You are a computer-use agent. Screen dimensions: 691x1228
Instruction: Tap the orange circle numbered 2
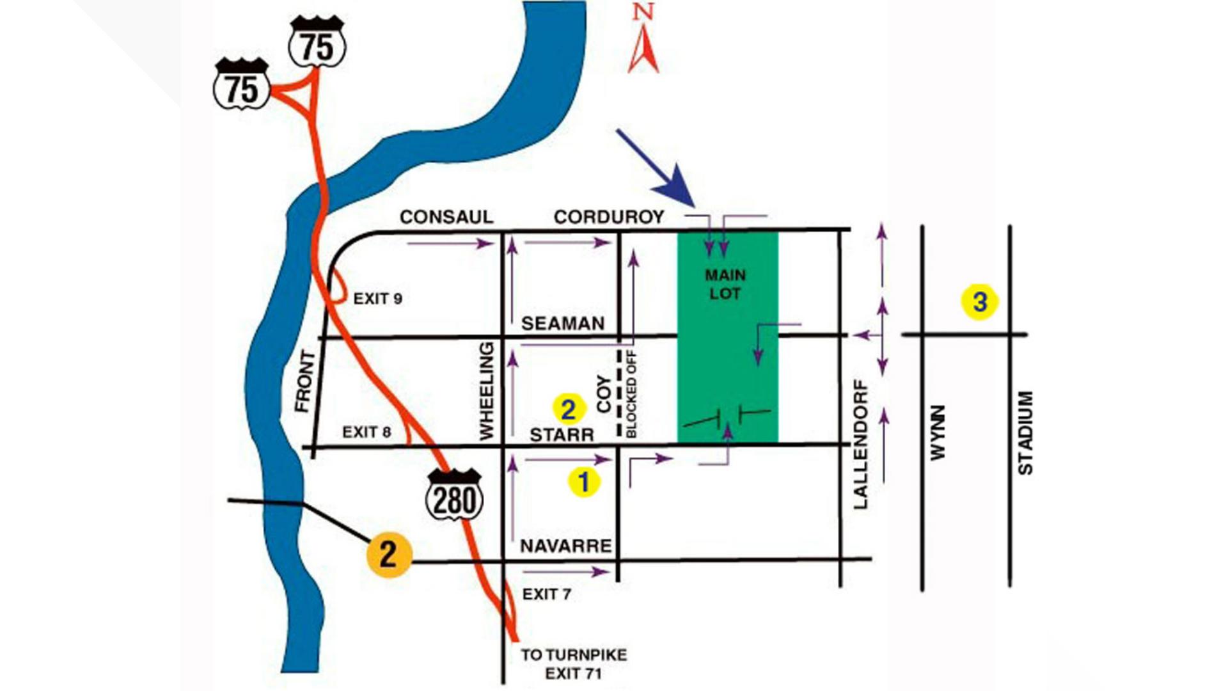tap(388, 553)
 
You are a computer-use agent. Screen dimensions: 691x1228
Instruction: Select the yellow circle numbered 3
tap(979, 301)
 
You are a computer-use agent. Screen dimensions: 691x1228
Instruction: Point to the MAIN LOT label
tap(725, 284)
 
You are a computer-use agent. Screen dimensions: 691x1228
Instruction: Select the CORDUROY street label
tap(608, 217)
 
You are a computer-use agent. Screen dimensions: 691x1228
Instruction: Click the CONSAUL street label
tap(446, 217)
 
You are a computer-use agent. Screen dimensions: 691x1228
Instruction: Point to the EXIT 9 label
tap(377, 298)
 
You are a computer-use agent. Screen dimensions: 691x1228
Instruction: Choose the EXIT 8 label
tap(366, 432)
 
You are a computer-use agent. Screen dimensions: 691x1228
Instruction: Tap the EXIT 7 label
tap(546, 594)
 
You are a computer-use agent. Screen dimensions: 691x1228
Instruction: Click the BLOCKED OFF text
tap(631, 393)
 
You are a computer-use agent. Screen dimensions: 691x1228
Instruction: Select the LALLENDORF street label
tap(861, 444)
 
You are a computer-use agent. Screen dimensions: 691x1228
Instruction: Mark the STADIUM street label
tap(1025, 433)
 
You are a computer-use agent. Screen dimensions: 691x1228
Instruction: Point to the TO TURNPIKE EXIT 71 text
tap(573, 663)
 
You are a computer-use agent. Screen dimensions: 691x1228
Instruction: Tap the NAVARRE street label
tap(565, 546)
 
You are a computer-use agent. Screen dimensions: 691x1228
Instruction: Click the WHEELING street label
tap(487, 391)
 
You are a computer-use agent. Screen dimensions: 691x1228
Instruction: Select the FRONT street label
tap(305, 381)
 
